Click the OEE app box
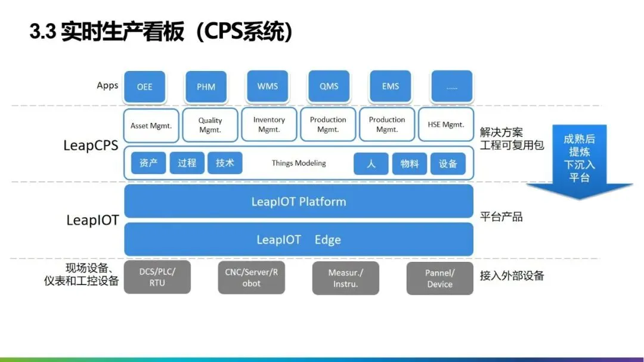coord(144,86)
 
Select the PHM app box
coord(206,86)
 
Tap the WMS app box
coord(267,86)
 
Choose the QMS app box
coord(329,86)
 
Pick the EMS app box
coord(391,86)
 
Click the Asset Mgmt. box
coord(151,125)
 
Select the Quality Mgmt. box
coord(210,125)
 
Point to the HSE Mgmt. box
coord(446,125)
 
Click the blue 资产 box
coord(148,163)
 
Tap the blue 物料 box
coord(410,163)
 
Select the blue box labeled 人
coord(371,163)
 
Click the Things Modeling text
coord(299,163)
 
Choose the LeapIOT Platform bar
coord(299,202)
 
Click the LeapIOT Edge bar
coord(299,240)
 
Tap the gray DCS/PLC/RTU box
coord(157,277)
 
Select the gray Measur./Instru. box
coord(346,278)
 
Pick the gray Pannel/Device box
coord(440,278)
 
